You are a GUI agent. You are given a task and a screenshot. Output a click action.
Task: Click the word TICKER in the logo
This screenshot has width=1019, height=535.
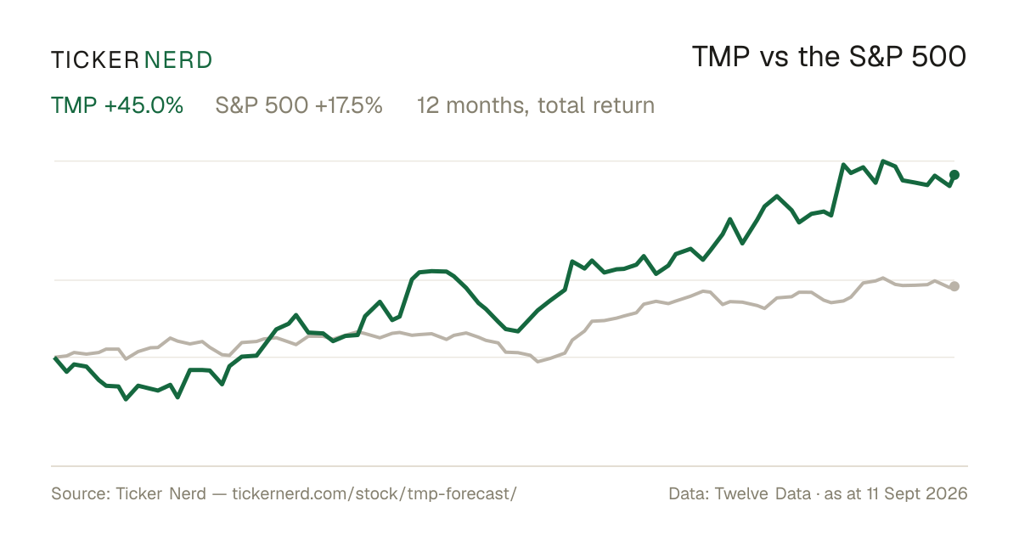point(95,60)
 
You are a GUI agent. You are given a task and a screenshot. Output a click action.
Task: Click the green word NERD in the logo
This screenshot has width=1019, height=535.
point(178,60)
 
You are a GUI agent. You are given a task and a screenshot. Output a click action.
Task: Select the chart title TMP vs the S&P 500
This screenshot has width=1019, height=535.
point(829,58)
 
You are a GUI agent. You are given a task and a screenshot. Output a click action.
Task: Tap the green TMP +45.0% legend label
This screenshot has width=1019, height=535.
point(117,105)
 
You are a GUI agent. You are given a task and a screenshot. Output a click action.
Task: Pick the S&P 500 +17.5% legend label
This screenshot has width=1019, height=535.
point(299,105)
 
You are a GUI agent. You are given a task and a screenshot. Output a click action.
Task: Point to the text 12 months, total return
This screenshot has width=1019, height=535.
point(536,105)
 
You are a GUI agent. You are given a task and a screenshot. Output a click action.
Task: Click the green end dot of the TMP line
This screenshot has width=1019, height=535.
point(954,175)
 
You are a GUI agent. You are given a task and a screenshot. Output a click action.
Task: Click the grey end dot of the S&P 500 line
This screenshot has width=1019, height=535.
point(954,286)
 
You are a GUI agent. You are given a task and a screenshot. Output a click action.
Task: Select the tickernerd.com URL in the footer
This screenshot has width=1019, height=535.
point(374,493)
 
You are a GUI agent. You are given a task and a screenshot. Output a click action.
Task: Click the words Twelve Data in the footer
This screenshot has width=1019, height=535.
point(763,493)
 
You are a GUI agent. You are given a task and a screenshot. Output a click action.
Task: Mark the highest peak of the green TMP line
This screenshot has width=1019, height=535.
point(883,161)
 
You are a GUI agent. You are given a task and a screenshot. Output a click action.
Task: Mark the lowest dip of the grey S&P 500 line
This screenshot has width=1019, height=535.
point(538,362)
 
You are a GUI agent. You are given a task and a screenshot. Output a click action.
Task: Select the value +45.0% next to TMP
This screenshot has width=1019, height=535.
point(144,105)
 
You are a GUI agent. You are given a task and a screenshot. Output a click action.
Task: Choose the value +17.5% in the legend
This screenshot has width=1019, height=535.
point(349,105)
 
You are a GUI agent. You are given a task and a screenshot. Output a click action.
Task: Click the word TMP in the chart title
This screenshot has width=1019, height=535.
point(721,58)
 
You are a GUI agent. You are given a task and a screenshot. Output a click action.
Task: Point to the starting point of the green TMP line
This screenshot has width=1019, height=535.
point(55,358)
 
